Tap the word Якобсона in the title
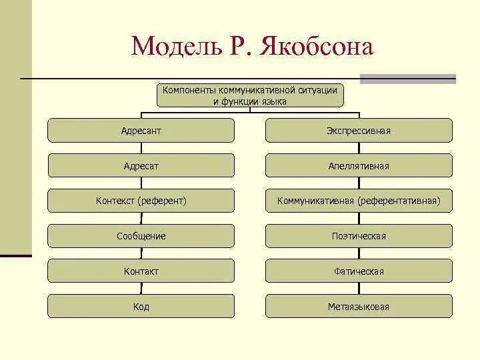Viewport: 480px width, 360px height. [313, 46]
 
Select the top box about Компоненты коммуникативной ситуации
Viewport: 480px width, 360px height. [250, 95]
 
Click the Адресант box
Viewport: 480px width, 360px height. [141, 131]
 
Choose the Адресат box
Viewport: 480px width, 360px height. [141, 166]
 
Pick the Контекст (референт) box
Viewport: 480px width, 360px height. [141, 201]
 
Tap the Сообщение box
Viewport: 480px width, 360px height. [141, 236]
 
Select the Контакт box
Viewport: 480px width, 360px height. [141, 271]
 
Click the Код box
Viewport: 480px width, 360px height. [141, 307]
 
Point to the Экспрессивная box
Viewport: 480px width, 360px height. [359, 131]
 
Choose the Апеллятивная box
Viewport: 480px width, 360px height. [359, 166]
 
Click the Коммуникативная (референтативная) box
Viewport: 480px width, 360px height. [359, 201]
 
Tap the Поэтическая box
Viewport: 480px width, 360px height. [359, 236]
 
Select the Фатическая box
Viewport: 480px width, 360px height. [359, 271]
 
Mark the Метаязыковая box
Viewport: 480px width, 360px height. [359, 307]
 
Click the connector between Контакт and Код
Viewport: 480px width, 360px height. [141, 289]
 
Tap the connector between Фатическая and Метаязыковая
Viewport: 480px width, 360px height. [359, 289]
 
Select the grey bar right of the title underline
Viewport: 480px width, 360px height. [407, 79]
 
